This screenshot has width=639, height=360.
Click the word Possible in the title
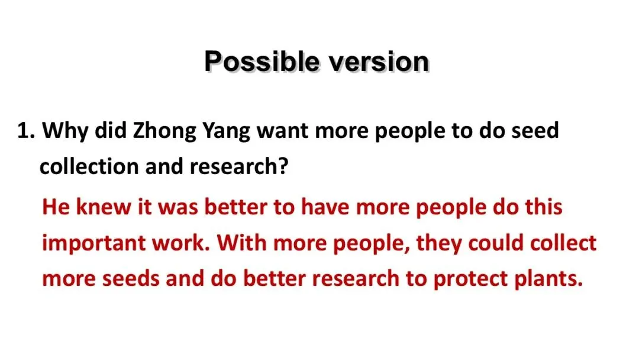tap(262, 62)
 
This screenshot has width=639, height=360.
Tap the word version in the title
tap(379, 62)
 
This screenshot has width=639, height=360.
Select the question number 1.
tap(26, 130)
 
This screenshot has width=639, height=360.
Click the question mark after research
tap(283, 166)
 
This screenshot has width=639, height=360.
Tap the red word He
tap(56, 207)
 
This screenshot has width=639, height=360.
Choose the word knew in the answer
tap(104, 207)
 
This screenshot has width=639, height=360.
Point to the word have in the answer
tap(325, 207)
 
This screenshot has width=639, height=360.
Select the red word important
tap(93, 243)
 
